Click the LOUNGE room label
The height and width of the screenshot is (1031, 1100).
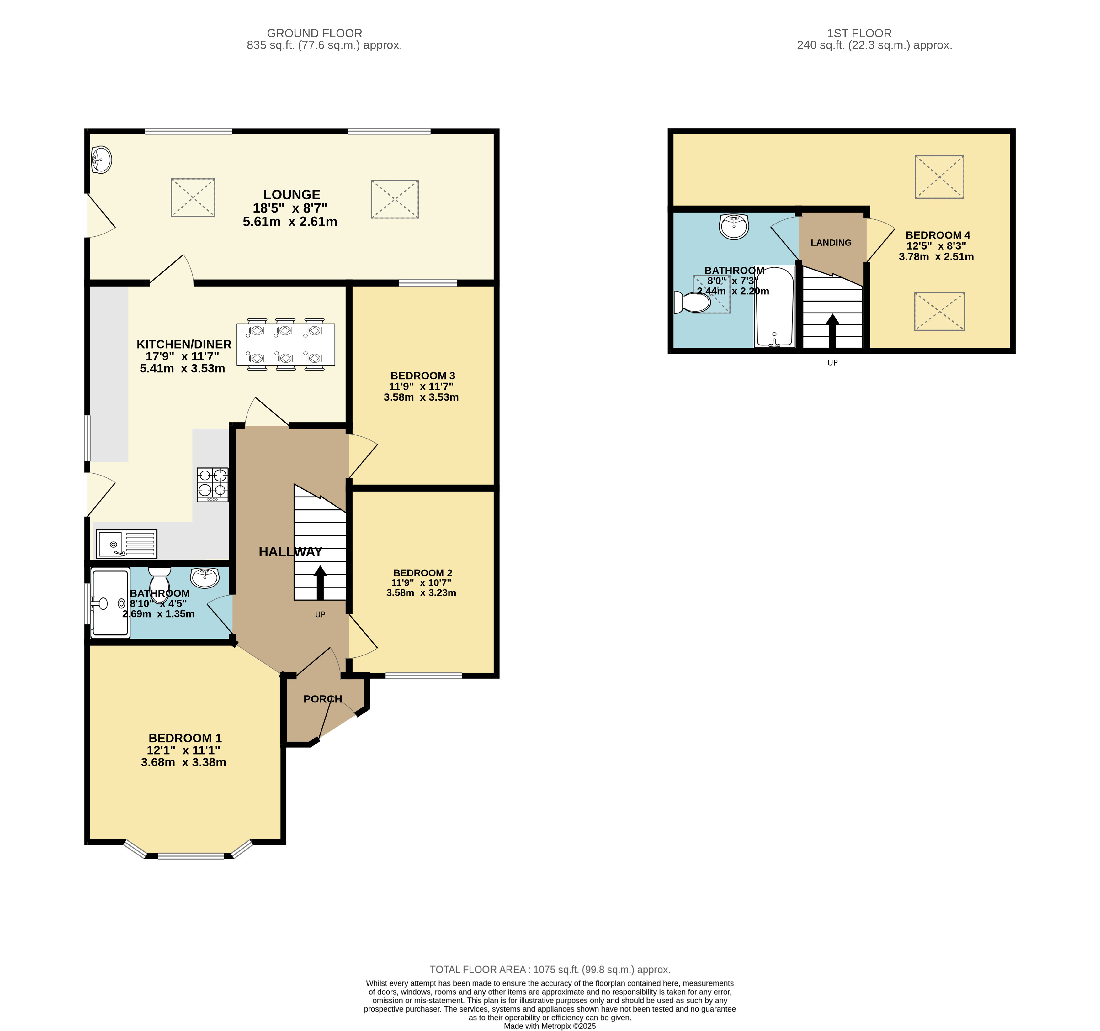point(292,195)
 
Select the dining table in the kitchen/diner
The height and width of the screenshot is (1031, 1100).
point(285,345)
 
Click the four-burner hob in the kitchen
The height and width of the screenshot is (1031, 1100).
point(212,485)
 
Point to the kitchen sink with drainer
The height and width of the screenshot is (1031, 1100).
point(127,544)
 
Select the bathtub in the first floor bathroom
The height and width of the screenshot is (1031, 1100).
point(775,307)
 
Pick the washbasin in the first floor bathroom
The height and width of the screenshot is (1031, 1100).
point(734,226)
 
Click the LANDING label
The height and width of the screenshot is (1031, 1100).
point(831,243)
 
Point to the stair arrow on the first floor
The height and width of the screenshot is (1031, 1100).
point(832,331)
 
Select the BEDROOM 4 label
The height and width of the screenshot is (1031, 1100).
point(938,235)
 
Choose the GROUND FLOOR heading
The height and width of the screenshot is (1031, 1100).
point(314,33)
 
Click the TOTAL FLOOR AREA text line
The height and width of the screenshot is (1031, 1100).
point(550,970)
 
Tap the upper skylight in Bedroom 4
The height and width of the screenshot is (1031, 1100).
point(939,177)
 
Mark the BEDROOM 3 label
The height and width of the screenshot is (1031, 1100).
point(423,376)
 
